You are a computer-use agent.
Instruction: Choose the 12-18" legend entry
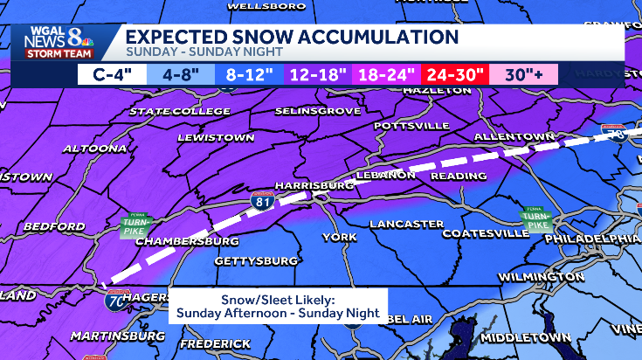[312, 74]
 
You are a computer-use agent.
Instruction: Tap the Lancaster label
[406, 225]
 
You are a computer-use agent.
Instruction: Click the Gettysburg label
[244, 261]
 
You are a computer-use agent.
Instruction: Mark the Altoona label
[94, 149]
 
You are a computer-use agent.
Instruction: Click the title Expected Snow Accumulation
[292, 37]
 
